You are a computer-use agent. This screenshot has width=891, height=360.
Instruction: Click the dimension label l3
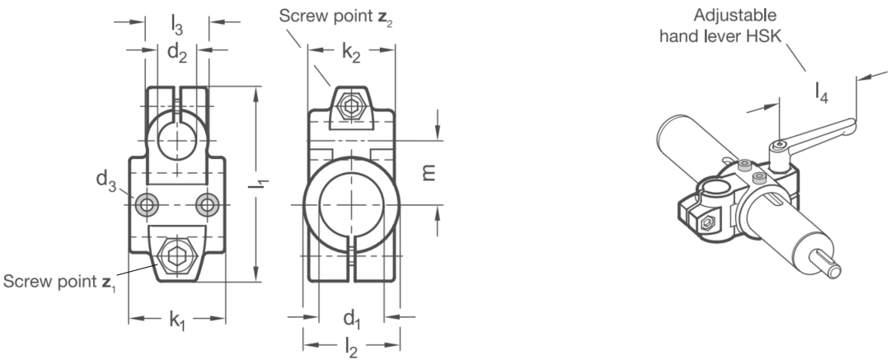[x=177, y=23]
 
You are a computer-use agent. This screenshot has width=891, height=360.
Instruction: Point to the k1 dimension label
[x=177, y=320]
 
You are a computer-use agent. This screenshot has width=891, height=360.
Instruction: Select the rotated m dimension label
[x=429, y=173]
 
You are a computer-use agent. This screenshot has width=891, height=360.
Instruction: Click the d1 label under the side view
[x=352, y=319]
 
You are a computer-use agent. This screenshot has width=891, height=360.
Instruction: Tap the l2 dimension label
[x=351, y=348]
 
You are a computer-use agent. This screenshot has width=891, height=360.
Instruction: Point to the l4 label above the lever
[x=821, y=92]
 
